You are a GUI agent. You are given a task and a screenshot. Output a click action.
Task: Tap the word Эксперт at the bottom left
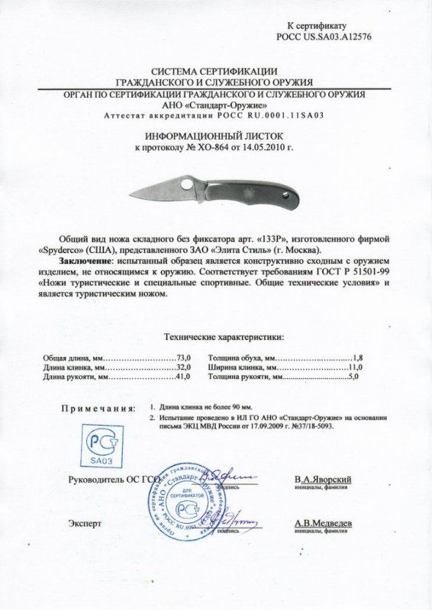pos(85,525)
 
